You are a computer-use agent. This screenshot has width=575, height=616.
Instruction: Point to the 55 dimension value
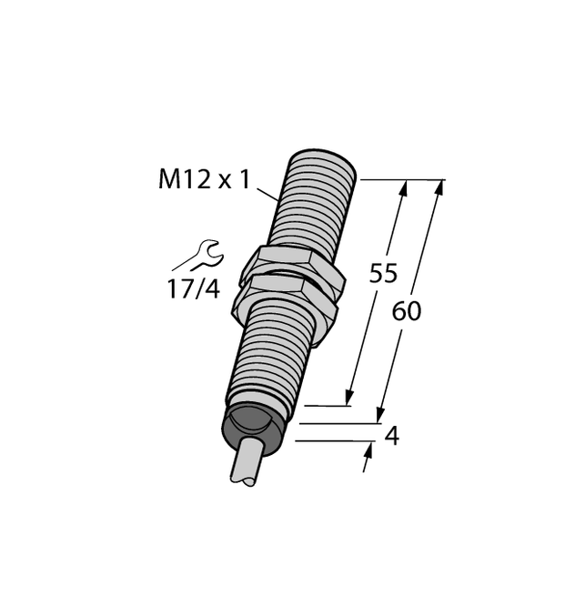pyautogui.click(x=383, y=274)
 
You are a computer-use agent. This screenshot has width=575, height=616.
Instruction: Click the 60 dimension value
pyautogui.click(x=407, y=311)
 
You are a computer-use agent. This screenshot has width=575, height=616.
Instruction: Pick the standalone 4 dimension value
pyautogui.click(x=391, y=437)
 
